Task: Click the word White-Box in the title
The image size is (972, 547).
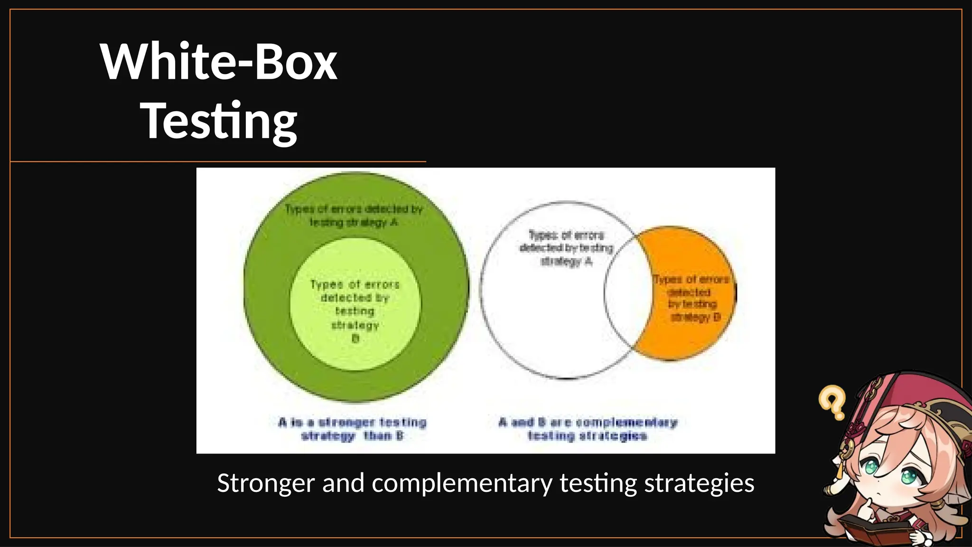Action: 219,62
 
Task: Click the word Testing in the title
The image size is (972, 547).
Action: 219,121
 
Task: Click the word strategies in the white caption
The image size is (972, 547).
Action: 699,483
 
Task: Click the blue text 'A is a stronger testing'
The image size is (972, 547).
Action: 352,422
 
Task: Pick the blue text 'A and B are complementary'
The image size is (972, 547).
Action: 588,422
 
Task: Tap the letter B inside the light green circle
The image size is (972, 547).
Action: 355,339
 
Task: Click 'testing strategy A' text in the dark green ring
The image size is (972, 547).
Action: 354,222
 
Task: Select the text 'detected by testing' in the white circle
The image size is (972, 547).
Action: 566,248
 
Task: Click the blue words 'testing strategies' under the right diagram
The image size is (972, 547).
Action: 588,436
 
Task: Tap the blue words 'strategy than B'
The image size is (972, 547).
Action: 352,436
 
